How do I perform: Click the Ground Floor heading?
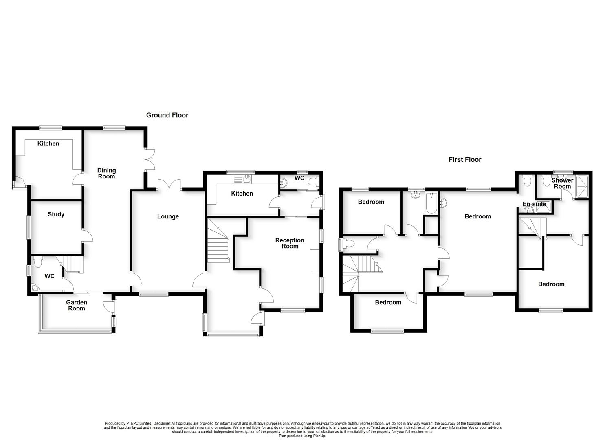pos(167,115)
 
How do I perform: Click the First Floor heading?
pos(465,160)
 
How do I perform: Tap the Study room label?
pos(56,214)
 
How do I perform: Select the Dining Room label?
pos(106,174)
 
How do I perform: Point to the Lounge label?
pos(168,216)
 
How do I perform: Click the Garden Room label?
pos(77,305)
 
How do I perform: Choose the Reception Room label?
pos(290,243)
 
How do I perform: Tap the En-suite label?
pos(534,204)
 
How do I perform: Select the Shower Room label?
pos(562,183)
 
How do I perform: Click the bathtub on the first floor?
pos(431,203)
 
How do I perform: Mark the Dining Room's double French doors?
pos(150,159)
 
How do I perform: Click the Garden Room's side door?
pos(108,307)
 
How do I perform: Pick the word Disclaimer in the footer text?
pos(162,424)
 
